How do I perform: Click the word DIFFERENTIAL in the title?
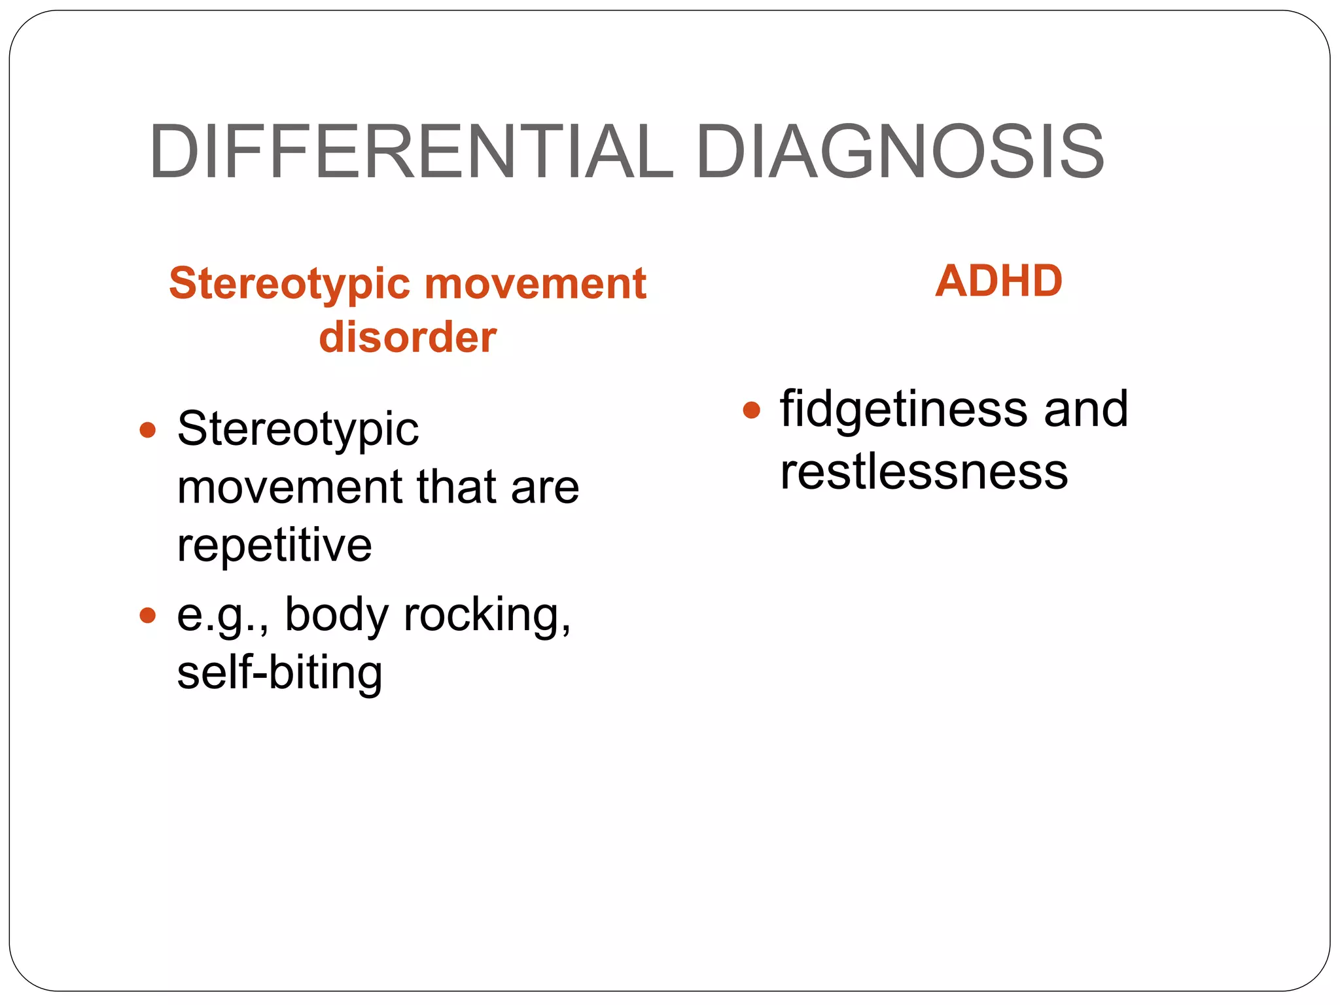click(x=411, y=152)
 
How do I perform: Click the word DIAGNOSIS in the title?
click(x=900, y=152)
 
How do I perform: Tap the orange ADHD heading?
click(x=998, y=281)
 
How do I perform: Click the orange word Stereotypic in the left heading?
click(x=289, y=284)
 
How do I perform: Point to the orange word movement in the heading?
click(x=535, y=284)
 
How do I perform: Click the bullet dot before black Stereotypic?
click(x=148, y=430)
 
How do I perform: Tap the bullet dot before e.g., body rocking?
click(x=148, y=615)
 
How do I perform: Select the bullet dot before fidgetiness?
click(x=752, y=410)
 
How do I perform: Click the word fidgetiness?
click(x=904, y=410)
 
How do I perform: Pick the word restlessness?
click(x=924, y=471)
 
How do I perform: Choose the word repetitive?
click(x=274, y=544)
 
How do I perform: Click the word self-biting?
click(x=279, y=673)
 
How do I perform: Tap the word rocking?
click(x=487, y=615)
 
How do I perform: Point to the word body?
click(x=337, y=615)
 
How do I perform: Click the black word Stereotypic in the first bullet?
click(x=298, y=430)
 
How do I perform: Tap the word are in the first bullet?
click(x=545, y=488)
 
